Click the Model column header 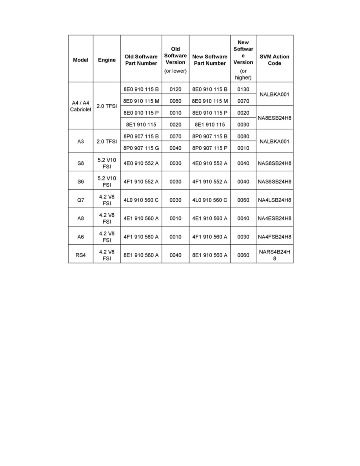pyautogui.click(x=80, y=60)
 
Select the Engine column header pyautogui.click(x=107, y=60)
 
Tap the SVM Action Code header pyautogui.click(x=275, y=60)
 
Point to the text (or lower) pyautogui.click(x=175, y=71)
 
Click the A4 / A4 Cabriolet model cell pyautogui.click(x=80, y=106)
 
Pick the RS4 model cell pyautogui.click(x=80, y=255)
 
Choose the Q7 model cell pyautogui.click(x=80, y=200)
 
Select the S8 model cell pyautogui.click(x=80, y=163)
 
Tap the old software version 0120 pyautogui.click(x=175, y=89)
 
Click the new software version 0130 pyautogui.click(x=243, y=89)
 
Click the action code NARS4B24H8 pyautogui.click(x=275, y=255)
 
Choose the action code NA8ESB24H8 pyautogui.click(x=275, y=117)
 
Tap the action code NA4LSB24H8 pyautogui.click(x=275, y=200)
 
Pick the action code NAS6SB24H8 pyautogui.click(x=275, y=182)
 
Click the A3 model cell pyautogui.click(x=80, y=141)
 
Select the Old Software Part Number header pyautogui.click(x=141, y=60)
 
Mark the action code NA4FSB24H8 pyautogui.click(x=275, y=237)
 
